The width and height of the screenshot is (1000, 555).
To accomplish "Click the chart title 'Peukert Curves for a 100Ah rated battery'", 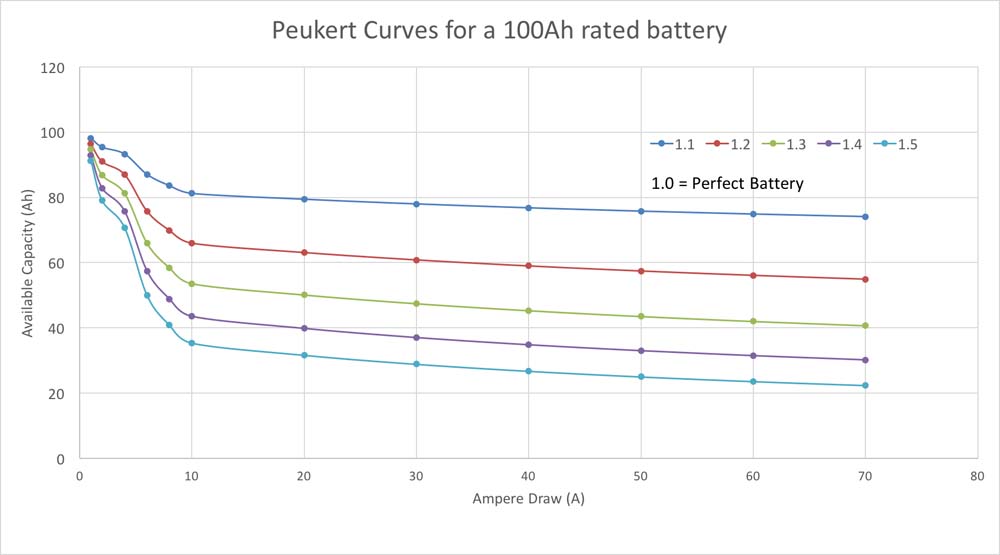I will [x=499, y=31].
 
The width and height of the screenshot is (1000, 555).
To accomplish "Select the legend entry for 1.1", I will [x=673, y=144].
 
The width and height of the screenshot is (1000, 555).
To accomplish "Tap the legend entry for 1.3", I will [x=785, y=144].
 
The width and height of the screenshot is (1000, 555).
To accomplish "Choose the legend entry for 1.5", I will [x=896, y=144].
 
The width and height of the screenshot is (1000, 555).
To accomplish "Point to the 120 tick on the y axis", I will [x=53, y=68].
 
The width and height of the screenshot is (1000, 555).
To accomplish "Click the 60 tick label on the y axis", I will [x=56, y=263].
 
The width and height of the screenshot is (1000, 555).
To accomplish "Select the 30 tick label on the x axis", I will [x=416, y=476].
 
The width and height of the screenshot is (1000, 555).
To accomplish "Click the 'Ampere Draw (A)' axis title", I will [x=528, y=499].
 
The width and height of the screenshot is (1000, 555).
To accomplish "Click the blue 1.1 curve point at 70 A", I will [x=865, y=217].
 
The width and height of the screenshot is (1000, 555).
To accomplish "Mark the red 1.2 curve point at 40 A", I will [x=528, y=266].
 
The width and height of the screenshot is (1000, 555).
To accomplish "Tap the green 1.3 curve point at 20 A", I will [x=304, y=295].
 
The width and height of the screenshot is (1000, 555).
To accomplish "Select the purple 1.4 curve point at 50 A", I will [x=641, y=351].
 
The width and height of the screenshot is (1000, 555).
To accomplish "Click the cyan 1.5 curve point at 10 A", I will [x=192, y=344].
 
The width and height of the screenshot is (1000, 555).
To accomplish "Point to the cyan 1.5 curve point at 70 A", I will [x=865, y=386].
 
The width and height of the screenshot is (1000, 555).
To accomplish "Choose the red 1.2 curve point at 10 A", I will [x=192, y=244].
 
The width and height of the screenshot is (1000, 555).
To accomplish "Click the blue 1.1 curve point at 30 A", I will [x=416, y=204].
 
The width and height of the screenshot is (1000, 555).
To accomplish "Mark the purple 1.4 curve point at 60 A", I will [x=753, y=356].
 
